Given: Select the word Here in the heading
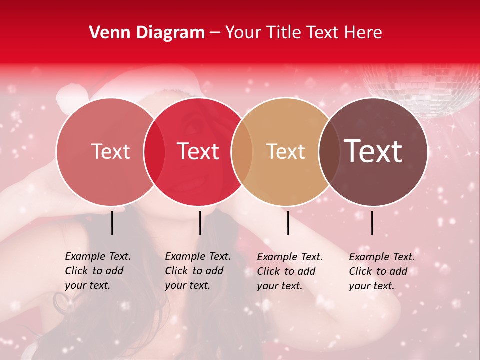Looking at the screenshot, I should click(x=363, y=33).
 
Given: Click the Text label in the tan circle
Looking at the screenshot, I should click(x=286, y=152).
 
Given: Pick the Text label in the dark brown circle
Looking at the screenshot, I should click(x=373, y=151).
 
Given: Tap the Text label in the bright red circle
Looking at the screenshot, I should click(x=198, y=151).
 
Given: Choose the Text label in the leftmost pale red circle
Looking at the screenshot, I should click(x=111, y=152).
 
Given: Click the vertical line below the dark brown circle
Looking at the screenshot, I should click(x=372, y=223).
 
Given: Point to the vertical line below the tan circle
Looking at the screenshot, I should click(x=288, y=223).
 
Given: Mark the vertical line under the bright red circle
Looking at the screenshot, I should click(x=200, y=223).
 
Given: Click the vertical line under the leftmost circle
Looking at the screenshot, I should click(x=112, y=223).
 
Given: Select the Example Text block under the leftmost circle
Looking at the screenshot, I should click(x=98, y=271).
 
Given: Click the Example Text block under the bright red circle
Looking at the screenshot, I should click(x=198, y=271).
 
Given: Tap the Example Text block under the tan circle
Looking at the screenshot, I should click(x=290, y=271).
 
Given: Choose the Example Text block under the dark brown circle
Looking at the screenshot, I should click(x=382, y=271).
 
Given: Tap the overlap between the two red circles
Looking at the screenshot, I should click(x=154, y=151).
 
